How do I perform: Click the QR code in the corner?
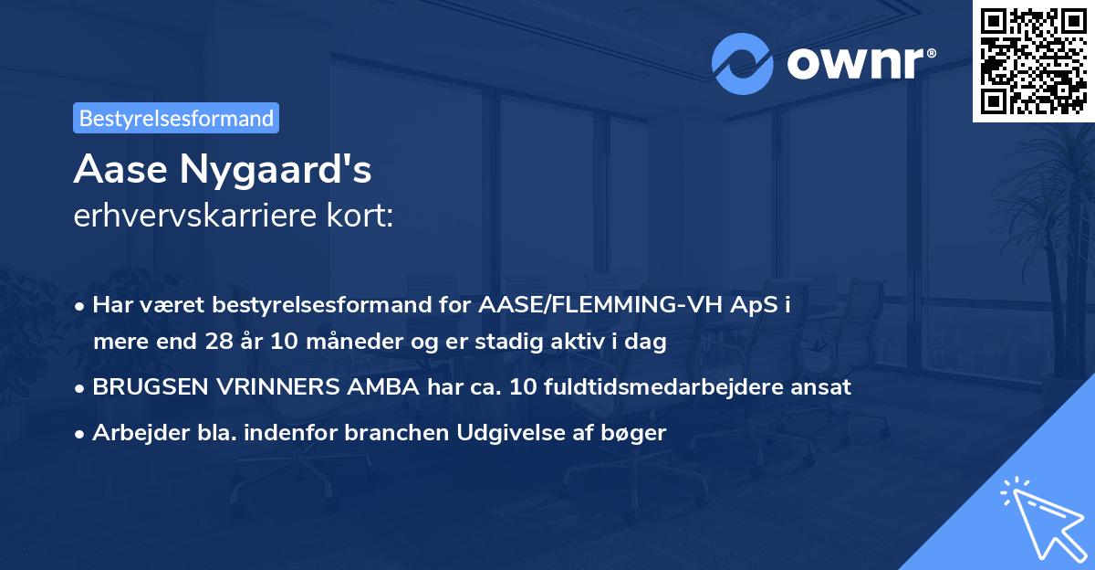coord(1034,60)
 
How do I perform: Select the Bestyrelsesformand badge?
coord(176,118)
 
